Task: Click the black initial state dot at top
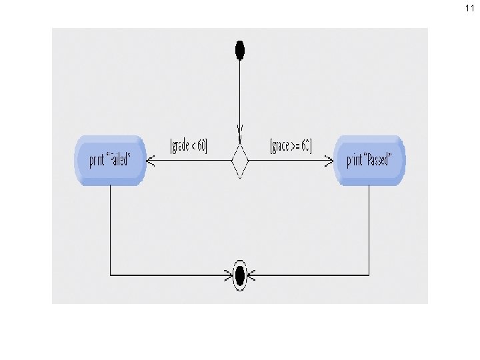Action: click(240, 49)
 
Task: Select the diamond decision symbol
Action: click(240, 161)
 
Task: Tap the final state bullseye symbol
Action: click(240, 274)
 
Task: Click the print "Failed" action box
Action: click(110, 160)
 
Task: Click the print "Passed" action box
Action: click(369, 160)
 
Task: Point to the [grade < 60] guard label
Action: click(189, 145)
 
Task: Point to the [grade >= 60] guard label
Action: click(291, 145)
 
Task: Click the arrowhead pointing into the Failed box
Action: click(151, 161)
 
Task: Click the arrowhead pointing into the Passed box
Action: click(328, 161)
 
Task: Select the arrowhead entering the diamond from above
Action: click(240, 128)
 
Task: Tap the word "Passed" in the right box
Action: click(377, 160)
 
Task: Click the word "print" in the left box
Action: click(97, 160)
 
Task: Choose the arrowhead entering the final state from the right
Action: click(252, 274)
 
